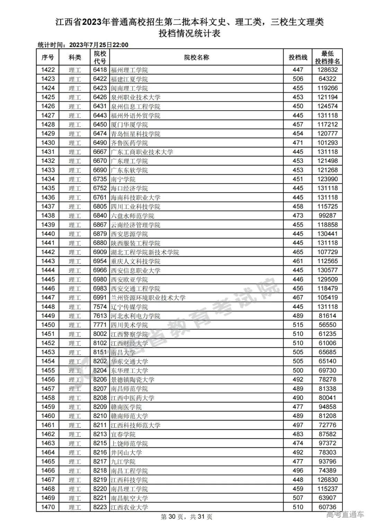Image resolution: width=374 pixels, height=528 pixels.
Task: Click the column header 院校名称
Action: coord(196,57)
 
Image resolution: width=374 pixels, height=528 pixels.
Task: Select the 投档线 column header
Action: coord(298,57)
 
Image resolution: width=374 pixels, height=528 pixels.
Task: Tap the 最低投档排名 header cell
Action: coord(327,57)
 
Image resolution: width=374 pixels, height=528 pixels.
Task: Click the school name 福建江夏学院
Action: coord(129,79)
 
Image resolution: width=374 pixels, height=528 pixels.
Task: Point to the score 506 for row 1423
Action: coord(298,79)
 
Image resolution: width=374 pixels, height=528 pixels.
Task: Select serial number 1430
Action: coord(48,143)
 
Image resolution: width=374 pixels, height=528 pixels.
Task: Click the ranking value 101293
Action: coord(327,143)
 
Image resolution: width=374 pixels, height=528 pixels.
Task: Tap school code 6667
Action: coord(100,152)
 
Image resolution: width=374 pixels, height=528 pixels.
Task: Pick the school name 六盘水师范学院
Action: coord(132,216)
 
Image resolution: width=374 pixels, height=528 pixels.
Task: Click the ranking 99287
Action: coord(327,216)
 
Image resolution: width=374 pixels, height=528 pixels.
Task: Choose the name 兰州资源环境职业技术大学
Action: coord(148,298)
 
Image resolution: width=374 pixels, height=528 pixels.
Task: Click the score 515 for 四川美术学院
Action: coord(298,325)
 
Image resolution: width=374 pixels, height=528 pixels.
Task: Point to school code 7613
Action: coord(100,316)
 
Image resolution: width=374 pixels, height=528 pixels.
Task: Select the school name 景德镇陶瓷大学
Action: coord(132,380)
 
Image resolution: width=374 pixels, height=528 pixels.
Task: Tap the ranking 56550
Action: coord(327,325)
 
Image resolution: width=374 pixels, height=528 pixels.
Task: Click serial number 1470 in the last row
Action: coord(48,507)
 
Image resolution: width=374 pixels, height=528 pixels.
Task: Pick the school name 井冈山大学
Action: coord(126,453)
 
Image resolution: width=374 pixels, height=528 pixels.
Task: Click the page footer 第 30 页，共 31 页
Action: coord(187,517)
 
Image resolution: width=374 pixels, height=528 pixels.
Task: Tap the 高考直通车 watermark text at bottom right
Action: coord(345,515)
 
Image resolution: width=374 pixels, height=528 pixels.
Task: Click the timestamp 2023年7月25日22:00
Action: coord(99,45)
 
